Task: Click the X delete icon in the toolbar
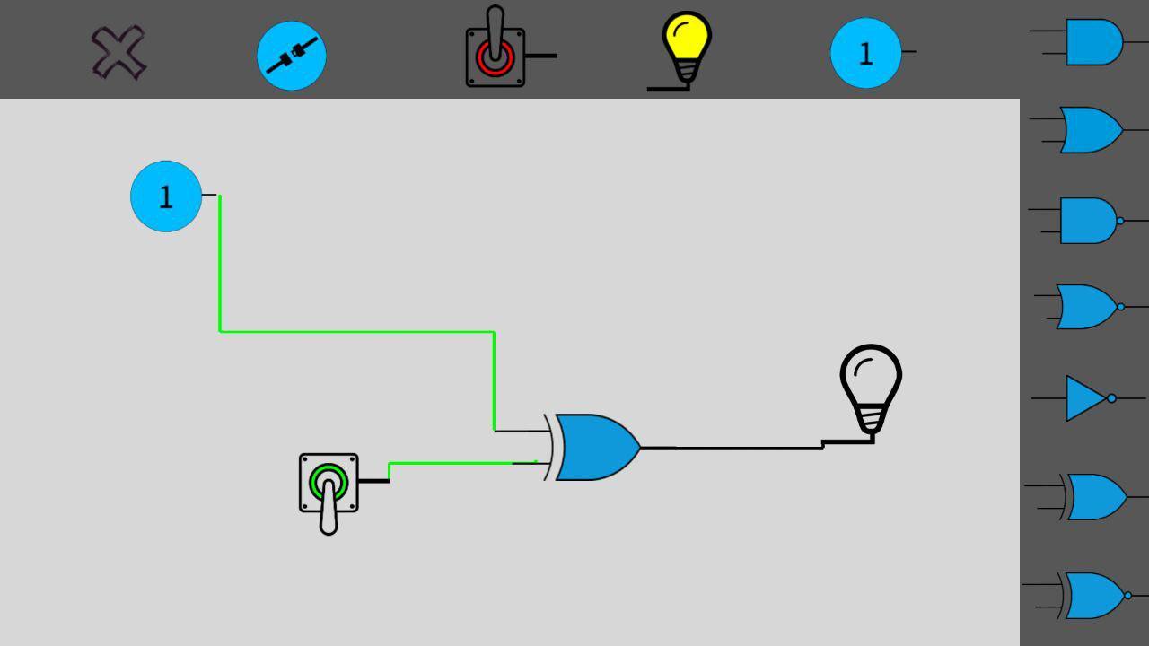[118, 53]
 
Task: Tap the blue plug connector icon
[292, 56]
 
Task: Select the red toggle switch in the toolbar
[495, 54]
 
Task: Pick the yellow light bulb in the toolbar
[687, 47]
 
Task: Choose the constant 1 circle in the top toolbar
[865, 53]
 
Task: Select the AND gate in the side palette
[1092, 42]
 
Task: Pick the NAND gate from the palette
[1089, 221]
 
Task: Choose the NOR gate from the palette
[1087, 307]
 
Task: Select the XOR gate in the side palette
[1094, 497]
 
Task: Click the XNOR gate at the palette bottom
[1093, 596]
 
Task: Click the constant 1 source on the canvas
[166, 196]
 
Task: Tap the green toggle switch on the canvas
[329, 484]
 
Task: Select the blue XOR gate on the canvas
[594, 447]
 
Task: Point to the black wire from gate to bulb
[745, 447]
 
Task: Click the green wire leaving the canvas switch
[449, 463]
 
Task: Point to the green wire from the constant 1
[359, 332]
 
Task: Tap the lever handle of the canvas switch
[329, 513]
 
